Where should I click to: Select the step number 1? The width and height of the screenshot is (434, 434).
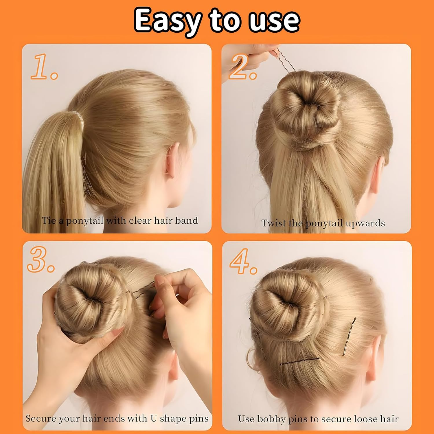43,67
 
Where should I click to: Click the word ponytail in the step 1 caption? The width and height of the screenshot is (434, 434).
84,221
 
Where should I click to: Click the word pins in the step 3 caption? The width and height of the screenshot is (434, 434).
198,419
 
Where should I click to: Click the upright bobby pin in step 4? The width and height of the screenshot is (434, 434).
350,336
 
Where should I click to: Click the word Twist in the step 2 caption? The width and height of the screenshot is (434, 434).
273,223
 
